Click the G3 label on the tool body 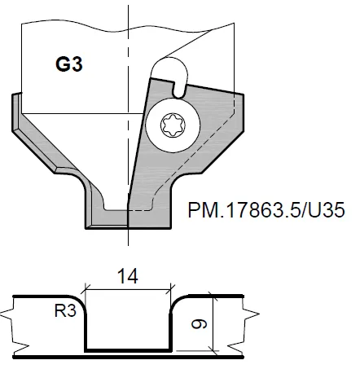(68, 64)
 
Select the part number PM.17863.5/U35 (266, 209)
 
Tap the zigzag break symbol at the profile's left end (15, 325)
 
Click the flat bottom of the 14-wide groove (128, 349)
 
